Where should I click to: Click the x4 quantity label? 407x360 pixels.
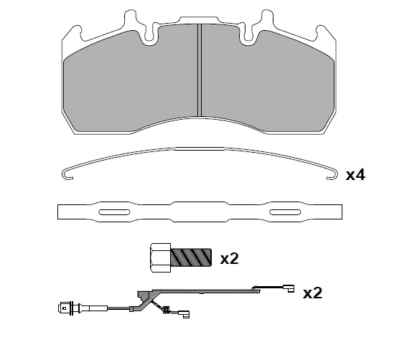355,174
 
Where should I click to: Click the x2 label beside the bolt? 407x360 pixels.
229,258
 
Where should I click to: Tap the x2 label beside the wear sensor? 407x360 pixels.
312,293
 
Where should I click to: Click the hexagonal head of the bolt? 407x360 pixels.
160,257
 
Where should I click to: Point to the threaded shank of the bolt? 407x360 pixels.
191,257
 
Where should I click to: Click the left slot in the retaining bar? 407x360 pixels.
114,212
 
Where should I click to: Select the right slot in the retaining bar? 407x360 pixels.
285,212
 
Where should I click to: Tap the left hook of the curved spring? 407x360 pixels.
67,174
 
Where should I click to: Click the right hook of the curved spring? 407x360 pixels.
332,174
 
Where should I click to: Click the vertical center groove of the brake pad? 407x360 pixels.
200,70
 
